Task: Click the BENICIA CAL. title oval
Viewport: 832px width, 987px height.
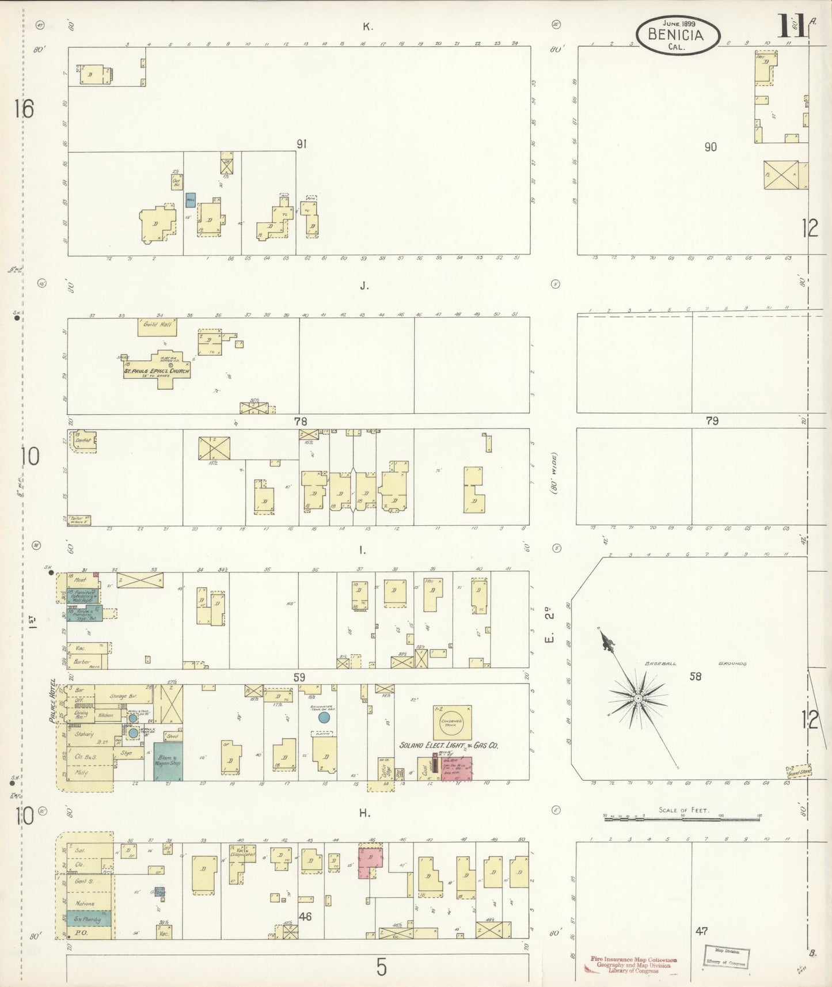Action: coord(678,35)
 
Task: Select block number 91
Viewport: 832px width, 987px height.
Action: coord(301,144)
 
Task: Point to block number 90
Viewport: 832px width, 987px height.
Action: coord(711,147)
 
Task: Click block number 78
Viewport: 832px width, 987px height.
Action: coord(301,422)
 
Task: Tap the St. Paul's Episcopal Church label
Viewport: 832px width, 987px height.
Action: coord(157,371)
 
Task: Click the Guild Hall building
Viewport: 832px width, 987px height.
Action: coord(157,327)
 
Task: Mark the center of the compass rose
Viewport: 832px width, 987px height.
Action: coord(638,699)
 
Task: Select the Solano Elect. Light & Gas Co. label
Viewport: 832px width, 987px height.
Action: coord(449,745)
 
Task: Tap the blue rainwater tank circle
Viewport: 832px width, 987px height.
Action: coord(324,718)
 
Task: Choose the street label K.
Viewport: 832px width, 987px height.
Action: coord(366,26)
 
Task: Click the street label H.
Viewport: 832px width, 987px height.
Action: coord(364,813)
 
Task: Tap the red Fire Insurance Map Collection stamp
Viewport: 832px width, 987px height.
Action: coord(633,965)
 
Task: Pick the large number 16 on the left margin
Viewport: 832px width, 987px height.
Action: coord(26,109)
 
